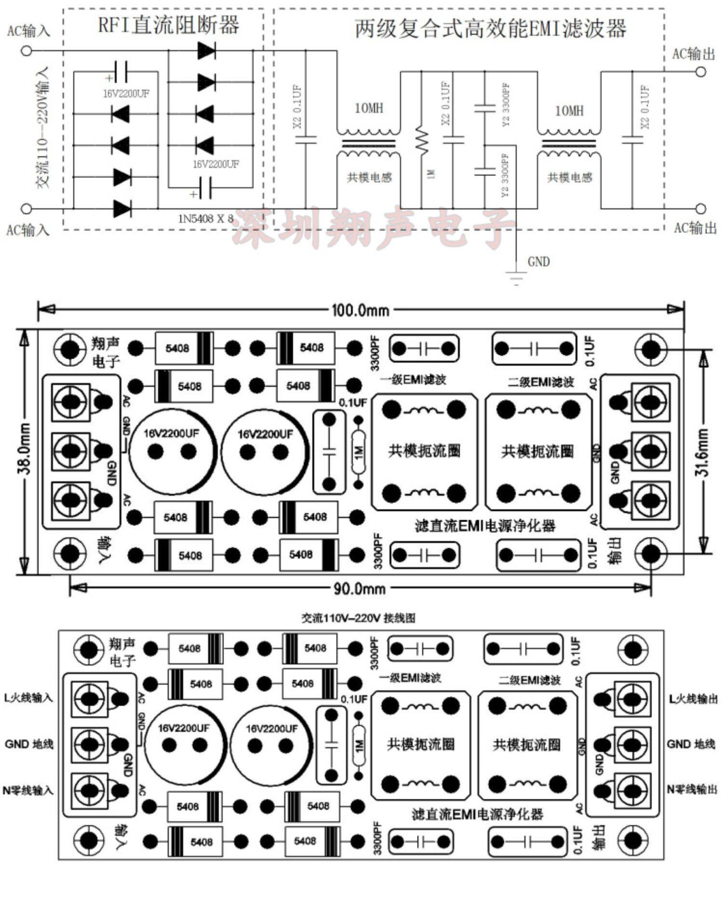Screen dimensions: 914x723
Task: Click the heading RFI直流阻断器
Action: [168, 25]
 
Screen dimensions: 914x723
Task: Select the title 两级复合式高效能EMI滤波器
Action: [490, 29]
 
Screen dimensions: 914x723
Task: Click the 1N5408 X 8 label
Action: [206, 219]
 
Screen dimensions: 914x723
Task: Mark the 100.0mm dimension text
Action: [360, 310]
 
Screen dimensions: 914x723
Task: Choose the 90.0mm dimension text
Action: [360, 588]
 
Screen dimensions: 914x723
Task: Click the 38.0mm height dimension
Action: [24, 449]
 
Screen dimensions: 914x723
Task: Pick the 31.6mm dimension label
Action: [703, 452]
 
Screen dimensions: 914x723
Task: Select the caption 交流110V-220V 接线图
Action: [358, 618]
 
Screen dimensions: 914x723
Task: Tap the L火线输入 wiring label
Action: [28, 698]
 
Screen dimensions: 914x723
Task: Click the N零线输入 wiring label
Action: [28, 791]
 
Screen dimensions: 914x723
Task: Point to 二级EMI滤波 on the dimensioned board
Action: [541, 382]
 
